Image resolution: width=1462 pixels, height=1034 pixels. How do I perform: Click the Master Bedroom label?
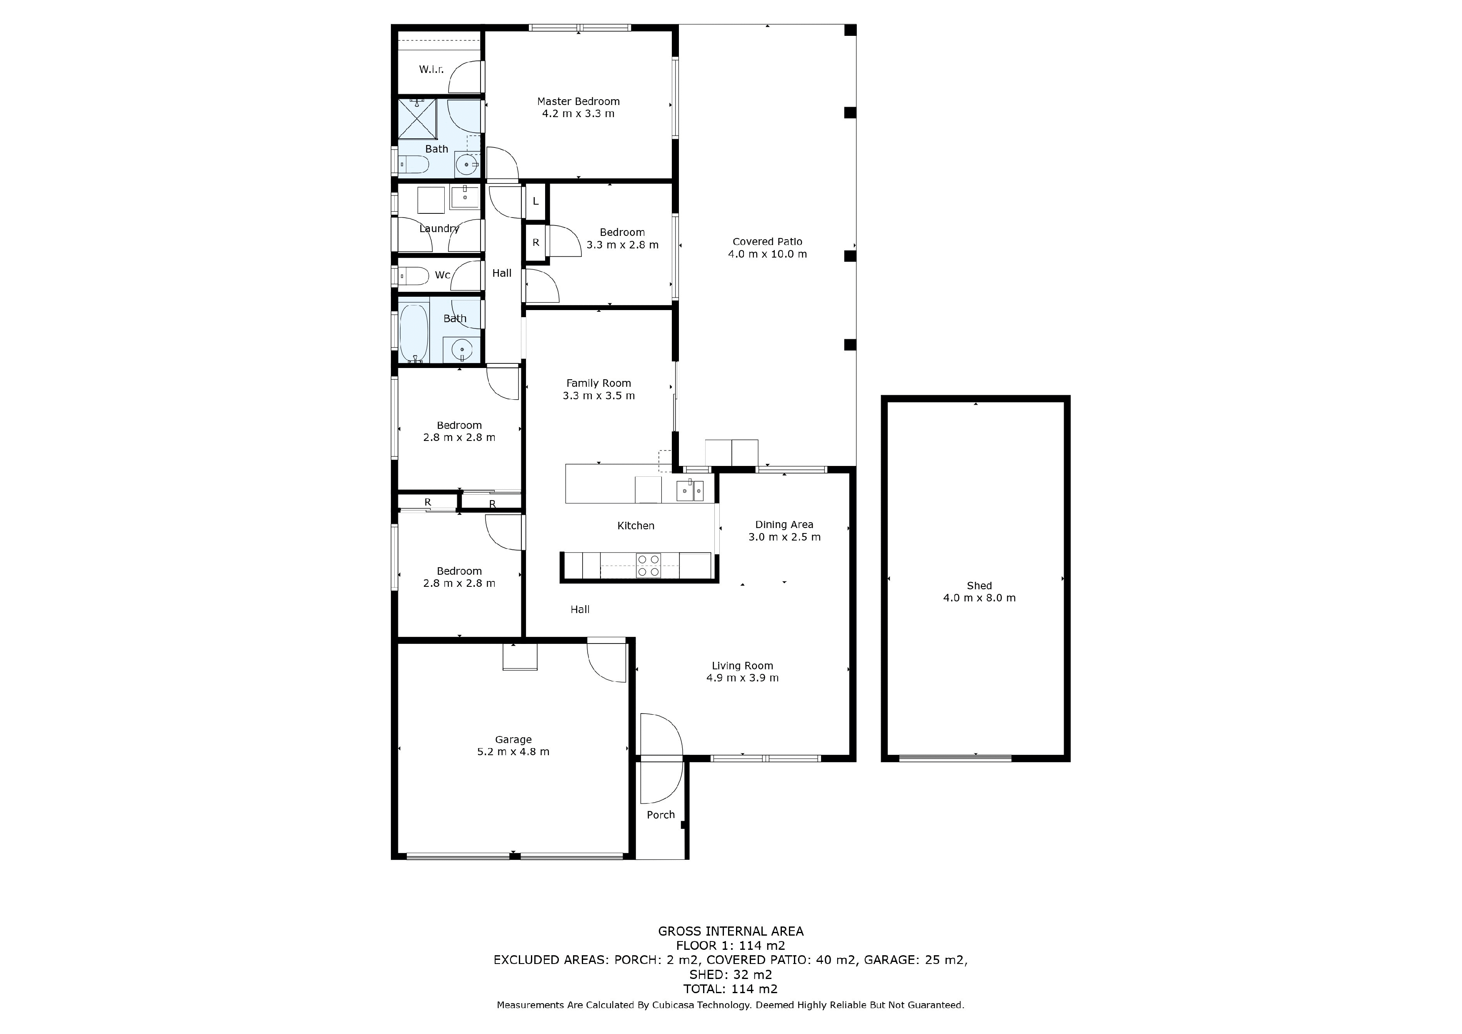(578, 101)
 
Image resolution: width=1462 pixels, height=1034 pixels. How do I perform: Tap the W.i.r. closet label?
(431, 70)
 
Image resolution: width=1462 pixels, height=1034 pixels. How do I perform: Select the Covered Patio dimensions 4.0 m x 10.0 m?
(767, 254)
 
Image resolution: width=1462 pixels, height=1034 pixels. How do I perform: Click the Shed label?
(979, 586)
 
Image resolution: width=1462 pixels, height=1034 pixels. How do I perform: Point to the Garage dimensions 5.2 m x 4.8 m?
(513, 751)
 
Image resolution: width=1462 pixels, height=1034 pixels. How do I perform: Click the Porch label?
(660, 815)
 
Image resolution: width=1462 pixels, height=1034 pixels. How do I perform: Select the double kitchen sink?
(690, 491)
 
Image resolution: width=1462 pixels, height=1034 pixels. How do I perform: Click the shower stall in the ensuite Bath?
(418, 118)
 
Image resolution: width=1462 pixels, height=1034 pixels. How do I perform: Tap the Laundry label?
(439, 228)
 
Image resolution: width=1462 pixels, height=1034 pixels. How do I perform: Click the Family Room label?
(598, 383)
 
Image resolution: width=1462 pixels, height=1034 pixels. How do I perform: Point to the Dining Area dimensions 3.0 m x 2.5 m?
(784, 537)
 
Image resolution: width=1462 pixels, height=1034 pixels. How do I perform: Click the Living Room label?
(743, 666)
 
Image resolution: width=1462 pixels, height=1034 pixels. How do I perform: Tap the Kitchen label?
(636, 526)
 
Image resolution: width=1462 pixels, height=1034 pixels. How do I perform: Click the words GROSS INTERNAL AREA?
(731, 931)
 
